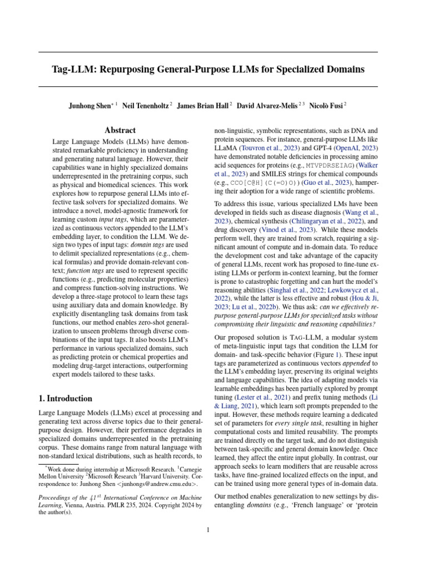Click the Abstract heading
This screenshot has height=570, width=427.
pyautogui.click(x=121, y=130)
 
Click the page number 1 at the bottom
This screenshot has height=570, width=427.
pyautogui.click(x=208, y=529)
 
